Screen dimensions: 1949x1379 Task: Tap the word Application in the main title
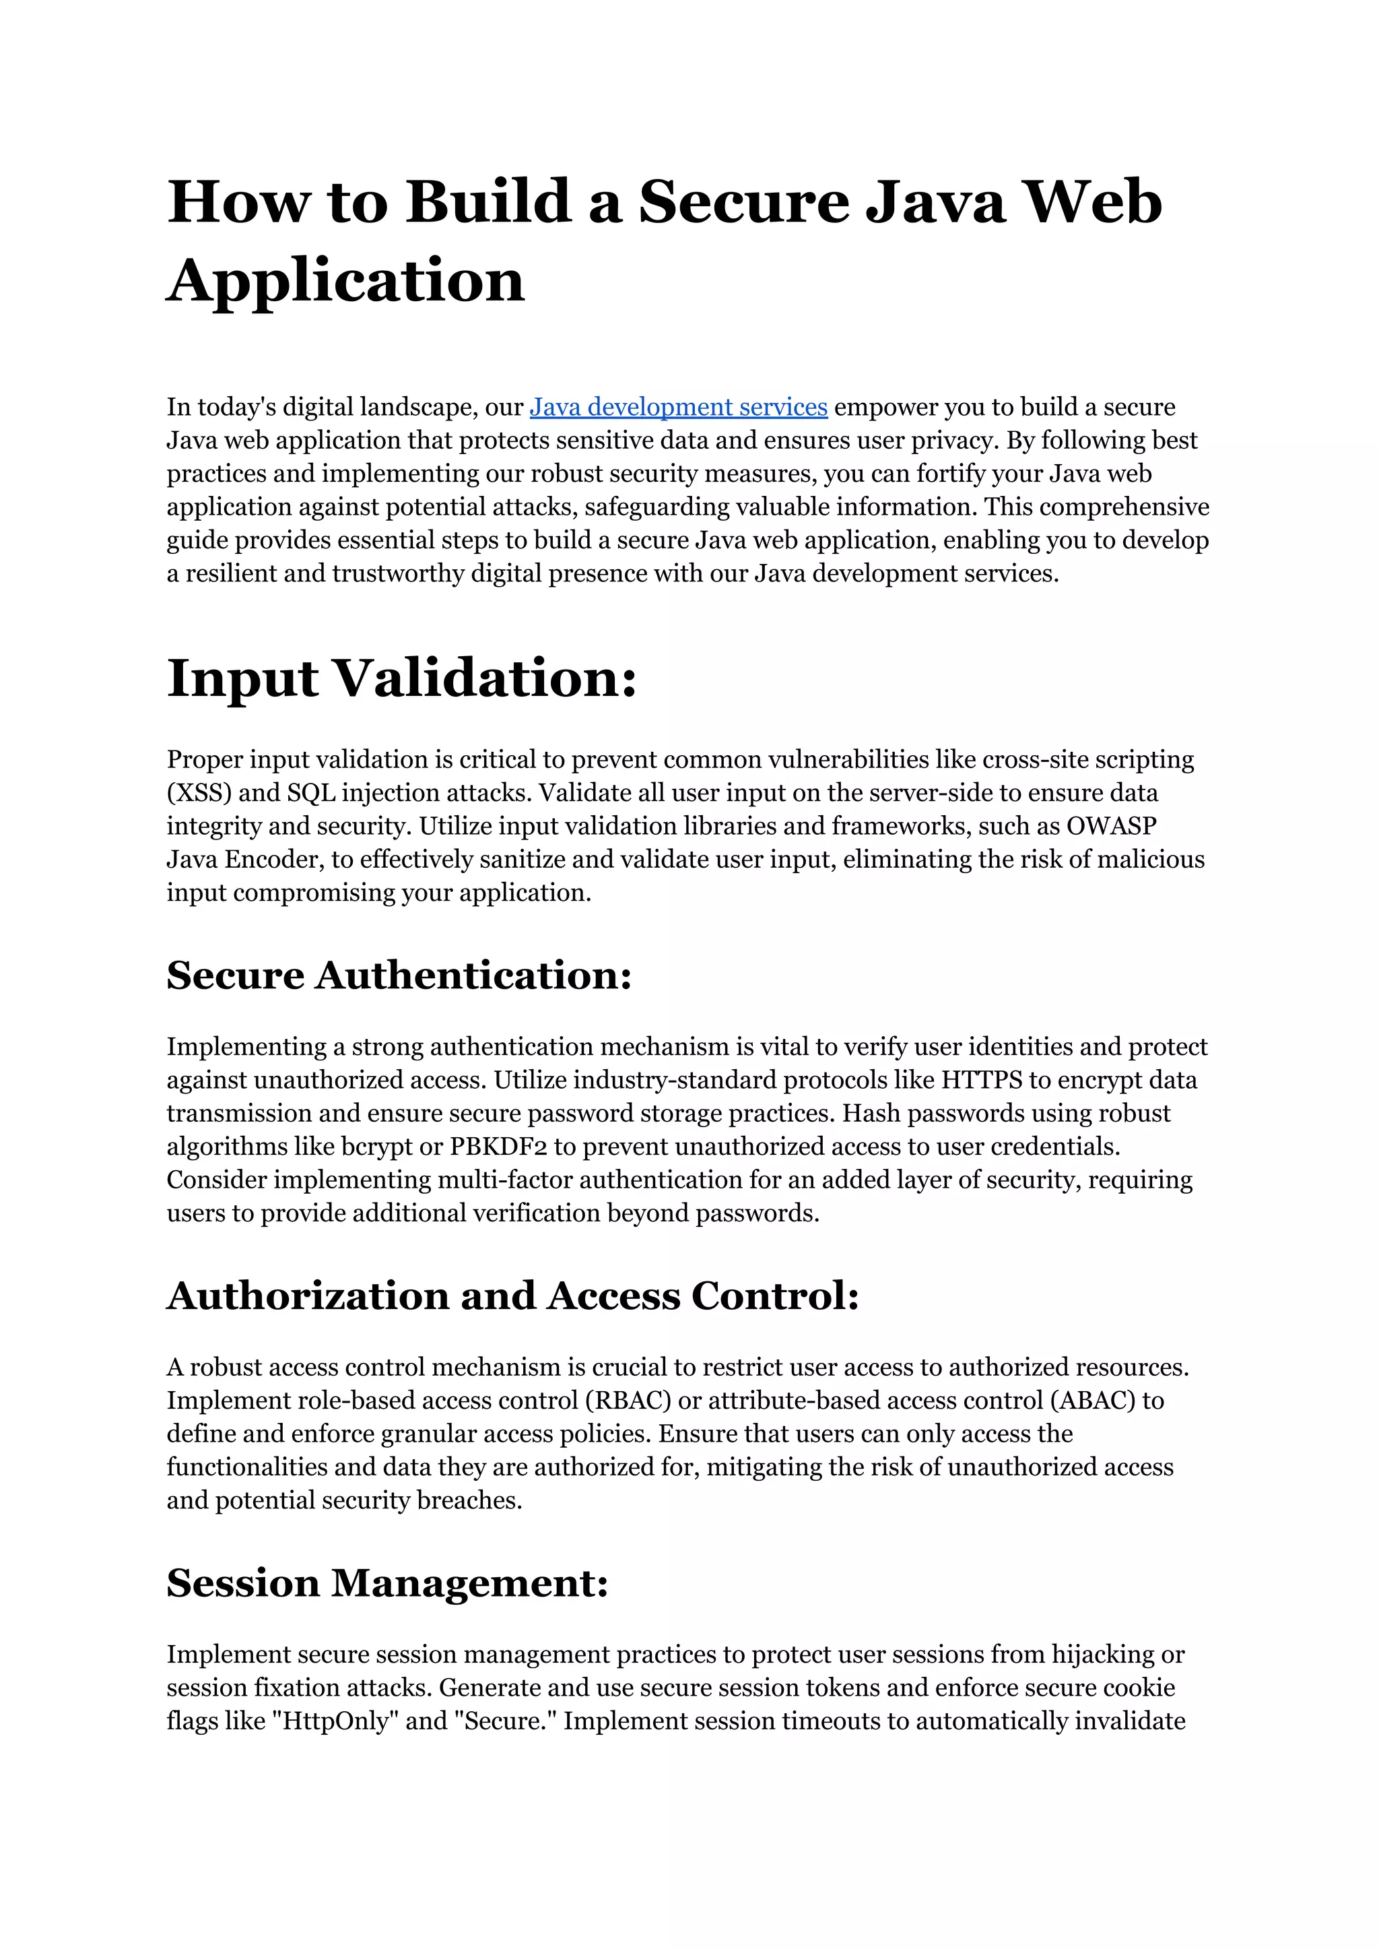pyautogui.click(x=345, y=280)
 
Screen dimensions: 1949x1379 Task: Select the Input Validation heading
pyautogui.click(x=401, y=679)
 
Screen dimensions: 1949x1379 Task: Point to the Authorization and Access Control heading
pyautogui.click(x=513, y=1296)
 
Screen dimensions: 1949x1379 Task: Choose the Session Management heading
pyautogui.click(x=387, y=1583)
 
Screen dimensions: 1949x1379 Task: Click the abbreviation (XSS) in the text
pyautogui.click(x=199, y=793)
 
